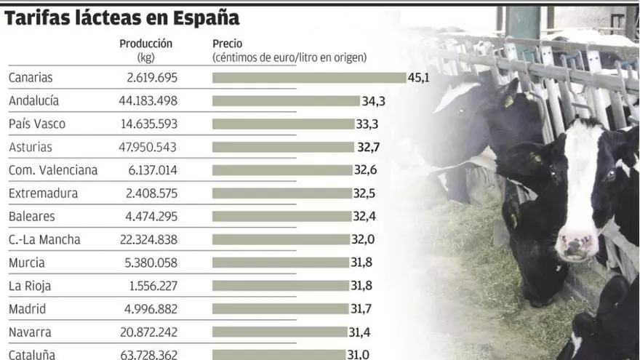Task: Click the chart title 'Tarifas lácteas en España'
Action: coord(122,17)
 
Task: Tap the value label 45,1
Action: coord(419,78)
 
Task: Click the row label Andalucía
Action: coord(33,101)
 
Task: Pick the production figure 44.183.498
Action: coord(148,101)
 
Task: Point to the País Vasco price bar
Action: coord(283,124)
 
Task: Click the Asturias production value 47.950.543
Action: coord(148,147)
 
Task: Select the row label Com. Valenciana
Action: coord(53,170)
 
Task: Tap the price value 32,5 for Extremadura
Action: coord(364,193)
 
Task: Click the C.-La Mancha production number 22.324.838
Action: coord(148,239)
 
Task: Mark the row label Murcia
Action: coord(27,263)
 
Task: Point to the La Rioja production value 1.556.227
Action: coord(151,286)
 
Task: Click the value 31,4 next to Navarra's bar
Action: coord(360,332)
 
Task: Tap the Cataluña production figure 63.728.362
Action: coord(148,355)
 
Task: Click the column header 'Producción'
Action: coord(146,44)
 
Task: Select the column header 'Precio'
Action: coord(228,44)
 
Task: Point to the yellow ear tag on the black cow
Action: coord(508,102)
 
